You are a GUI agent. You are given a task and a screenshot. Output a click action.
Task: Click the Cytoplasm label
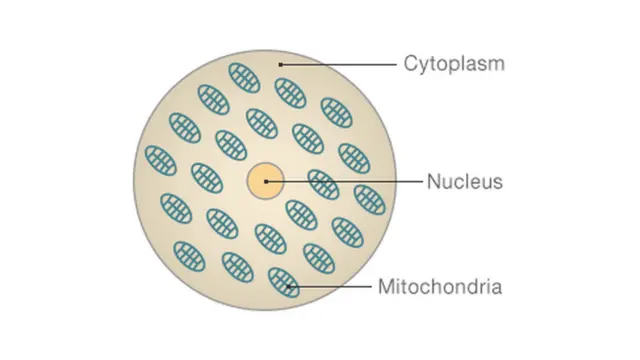(454, 65)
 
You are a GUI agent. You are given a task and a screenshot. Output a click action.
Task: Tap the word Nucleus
(464, 182)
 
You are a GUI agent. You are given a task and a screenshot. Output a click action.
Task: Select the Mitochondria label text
(439, 289)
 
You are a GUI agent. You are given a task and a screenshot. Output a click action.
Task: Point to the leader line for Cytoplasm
(340, 65)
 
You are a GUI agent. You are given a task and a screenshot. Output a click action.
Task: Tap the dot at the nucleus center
(266, 181)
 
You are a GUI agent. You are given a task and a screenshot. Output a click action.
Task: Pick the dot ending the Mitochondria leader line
(290, 289)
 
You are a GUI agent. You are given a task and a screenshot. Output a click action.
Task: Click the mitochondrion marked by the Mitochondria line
(284, 283)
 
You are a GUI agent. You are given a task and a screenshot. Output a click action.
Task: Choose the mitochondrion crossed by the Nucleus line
(322, 184)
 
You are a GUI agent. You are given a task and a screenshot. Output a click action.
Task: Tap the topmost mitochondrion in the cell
(244, 78)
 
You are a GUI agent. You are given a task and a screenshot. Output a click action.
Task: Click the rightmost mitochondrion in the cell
(369, 199)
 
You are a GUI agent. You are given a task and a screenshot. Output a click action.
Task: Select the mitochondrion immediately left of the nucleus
(206, 178)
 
